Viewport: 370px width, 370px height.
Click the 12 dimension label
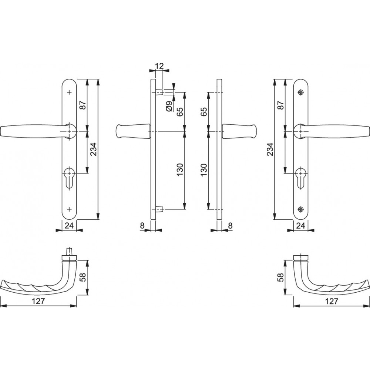pyautogui.click(x=159, y=66)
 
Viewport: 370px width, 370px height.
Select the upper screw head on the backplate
pyautogui.click(x=300, y=92)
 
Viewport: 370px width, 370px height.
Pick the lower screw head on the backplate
pyautogui.click(x=300, y=209)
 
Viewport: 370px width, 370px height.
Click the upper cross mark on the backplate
pyautogui.click(x=70, y=92)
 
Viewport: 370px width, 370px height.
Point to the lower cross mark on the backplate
pyautogui.click(x=70, y=209)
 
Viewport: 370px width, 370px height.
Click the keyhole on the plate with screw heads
pyautogui.click(x=300, y=178)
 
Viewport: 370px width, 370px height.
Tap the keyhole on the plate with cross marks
pyautogui.click(x=70, y=178)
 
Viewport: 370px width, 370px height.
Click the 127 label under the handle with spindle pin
pyautogui.click(x=38, y=301)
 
